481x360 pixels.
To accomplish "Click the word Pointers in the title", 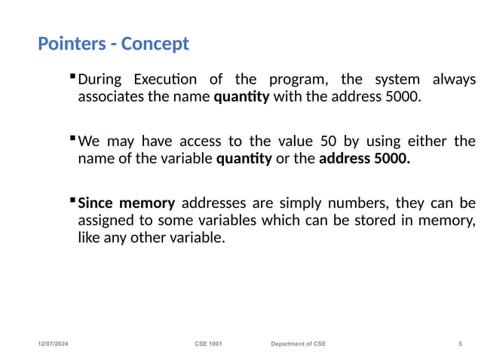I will coord(69,44).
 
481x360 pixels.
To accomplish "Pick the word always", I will coord(455,79).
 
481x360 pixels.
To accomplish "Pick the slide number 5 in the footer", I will coord(460,344).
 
